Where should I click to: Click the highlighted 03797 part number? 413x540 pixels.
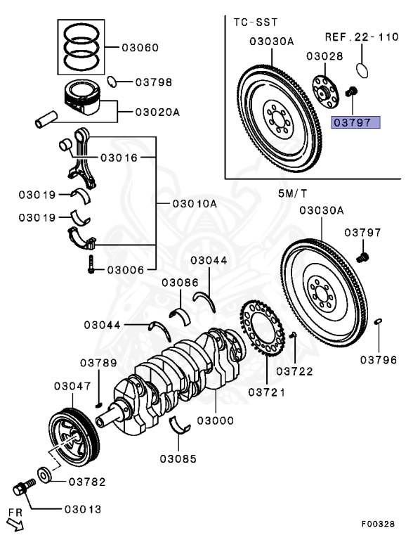click(x=355, y=122)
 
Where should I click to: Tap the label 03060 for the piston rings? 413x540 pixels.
click(x=140, y=48)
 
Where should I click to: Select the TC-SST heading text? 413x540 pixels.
click(x=256, y=22)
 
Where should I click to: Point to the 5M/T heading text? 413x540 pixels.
click(x=292, y=193)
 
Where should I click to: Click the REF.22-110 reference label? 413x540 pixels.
click(x=362, y=37)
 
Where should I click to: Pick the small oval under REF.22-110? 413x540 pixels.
click(x=362, y=70)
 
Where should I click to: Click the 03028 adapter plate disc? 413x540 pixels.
click(x=325, y=91)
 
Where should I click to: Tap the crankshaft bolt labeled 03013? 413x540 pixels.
click(x=24, y=487)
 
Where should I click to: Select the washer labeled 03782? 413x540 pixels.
click(x=44, y=475)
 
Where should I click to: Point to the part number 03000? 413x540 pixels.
click(x=216, y=420)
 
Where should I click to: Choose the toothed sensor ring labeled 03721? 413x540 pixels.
click(x=263, y=330)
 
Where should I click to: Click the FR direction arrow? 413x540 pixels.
click(x=15, y=524)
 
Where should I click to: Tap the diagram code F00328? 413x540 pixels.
click(x=378, y=524)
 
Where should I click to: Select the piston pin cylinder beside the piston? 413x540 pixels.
click(x=46, y=119)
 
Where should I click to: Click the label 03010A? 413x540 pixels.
click(x=195, y=203)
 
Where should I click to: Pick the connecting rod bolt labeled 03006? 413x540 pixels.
click(x=91, y=264)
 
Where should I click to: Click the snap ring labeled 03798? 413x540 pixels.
click(x=112, y=82)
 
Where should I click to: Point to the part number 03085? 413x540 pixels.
click(x=178, y=458)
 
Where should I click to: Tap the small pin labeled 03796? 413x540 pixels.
click(x=378, y=321)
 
